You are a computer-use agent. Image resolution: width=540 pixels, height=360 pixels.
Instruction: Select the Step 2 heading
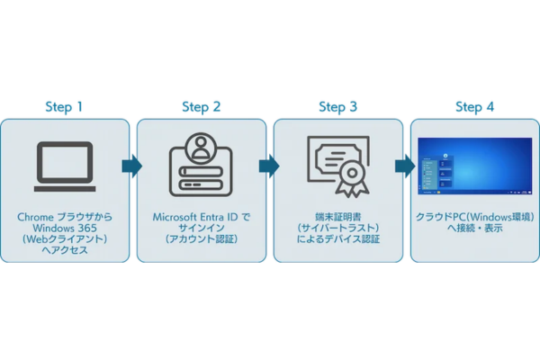click(201, 107)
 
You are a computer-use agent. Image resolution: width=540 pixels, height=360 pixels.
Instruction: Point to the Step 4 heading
click(474, 107)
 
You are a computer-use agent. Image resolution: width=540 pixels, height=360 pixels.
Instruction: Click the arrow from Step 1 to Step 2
click(131, 166)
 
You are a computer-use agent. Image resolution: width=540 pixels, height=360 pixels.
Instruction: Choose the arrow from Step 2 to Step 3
click(268, 166)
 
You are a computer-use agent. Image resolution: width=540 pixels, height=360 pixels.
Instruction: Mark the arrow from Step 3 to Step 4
click(405, 166)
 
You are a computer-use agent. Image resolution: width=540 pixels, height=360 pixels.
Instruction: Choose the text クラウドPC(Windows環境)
click(474, 218)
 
